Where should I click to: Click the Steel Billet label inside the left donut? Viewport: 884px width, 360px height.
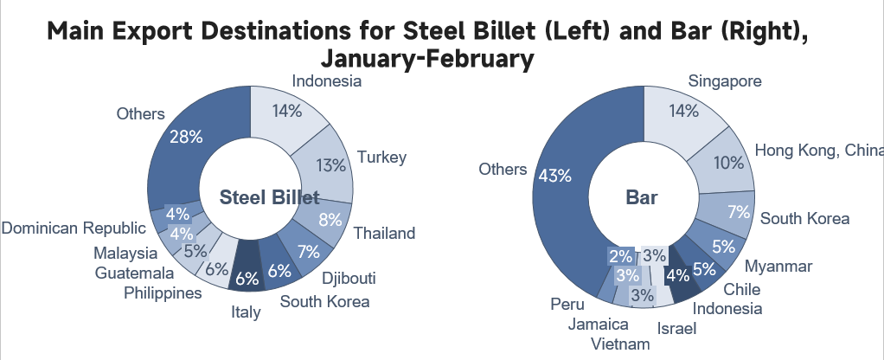(x=269, y=197)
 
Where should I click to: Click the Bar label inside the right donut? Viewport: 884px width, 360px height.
(x=642, y=197)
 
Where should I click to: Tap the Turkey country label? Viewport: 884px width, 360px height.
(x=381, y=157)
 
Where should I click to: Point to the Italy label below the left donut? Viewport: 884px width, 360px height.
(x=247, y=312)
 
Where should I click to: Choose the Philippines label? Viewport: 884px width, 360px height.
(x=163, y=293)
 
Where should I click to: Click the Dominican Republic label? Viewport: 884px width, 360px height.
(x=73, y=228)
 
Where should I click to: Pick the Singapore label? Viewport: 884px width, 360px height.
(x=725, y=81)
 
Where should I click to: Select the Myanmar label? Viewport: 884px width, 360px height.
(x=778, y=266)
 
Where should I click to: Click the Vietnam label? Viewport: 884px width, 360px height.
(x=620, y=344)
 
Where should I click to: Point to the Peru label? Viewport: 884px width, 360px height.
(x=561, y=305)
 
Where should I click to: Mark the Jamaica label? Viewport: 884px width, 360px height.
(x=599, y=325)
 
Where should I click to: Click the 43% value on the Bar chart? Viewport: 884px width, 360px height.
(x=554, y=176)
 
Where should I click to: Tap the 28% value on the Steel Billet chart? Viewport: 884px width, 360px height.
(x=185, y=137)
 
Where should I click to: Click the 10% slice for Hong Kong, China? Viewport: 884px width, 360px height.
(x=727, y=162)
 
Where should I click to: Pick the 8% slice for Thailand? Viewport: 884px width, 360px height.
(x=330, y=220)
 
